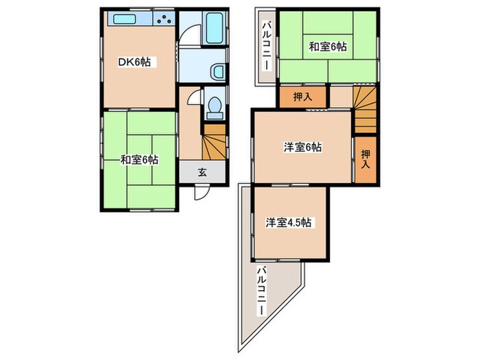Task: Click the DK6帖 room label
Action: coord(136,62)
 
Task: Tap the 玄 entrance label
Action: coord(202,172)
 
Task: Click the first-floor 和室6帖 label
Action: coord(139,160)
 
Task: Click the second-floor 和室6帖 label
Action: coord(327,47)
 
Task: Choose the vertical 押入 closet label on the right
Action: coord(365,160)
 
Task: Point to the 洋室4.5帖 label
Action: coord(290,221)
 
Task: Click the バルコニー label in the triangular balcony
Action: coord(263,292)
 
